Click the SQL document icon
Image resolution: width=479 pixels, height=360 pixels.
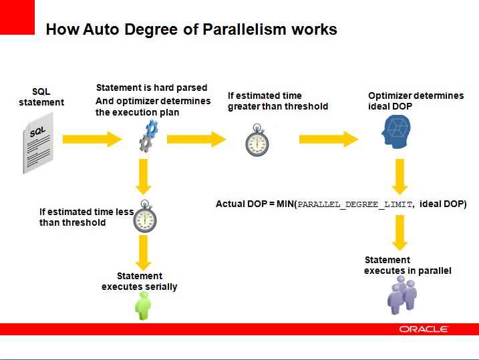pyautogui.click(x=38, y=143)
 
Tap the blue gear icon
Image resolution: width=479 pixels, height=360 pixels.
pyautogui.click(x=152, y=128)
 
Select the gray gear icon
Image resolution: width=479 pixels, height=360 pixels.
pyautogui.click(x=146, y=143)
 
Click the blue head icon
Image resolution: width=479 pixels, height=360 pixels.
pyautogui.click(x=396, y=132)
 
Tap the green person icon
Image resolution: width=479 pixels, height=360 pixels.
pyautogui.click(x=143, y=306)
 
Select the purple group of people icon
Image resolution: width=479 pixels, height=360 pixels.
pyautogui.click(x=402, y=295)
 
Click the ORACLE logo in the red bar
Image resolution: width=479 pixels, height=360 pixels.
pyautogui.click(x=424, y=329)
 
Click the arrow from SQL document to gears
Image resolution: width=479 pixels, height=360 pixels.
pyautogui.click(x=92, y=139)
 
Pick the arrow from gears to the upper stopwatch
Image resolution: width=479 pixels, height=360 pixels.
pyautogui.click(x=196, y=139)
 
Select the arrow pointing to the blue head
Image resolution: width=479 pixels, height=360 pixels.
pyautogui.click(x=329, y=139)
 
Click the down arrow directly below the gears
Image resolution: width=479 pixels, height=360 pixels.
pyautogui.click(x=143, y=176)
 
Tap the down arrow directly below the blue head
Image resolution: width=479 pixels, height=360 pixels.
pyautogui.click(x=400, y=176)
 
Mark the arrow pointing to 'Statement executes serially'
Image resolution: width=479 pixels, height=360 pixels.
pyautogui.click(x=143, y=253)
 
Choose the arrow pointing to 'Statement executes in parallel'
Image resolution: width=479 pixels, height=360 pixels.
pyautogui.click(x=400, y=232)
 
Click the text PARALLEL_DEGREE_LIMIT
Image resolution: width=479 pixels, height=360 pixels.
pyautogui.click(x=355, y=204)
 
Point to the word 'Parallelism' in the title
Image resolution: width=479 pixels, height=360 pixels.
pyautogui.click(x=245, y=29)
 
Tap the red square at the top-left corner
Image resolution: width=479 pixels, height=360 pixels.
pyautogui.click(x=17, y=17)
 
